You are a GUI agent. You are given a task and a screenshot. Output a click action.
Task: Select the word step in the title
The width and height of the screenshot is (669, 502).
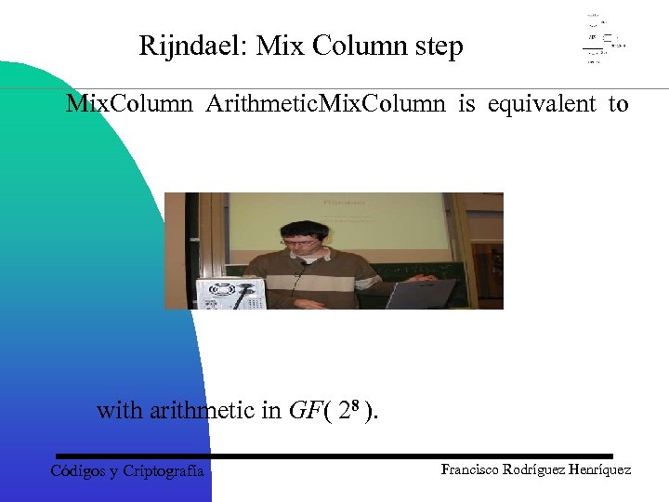click(x=439, y=46)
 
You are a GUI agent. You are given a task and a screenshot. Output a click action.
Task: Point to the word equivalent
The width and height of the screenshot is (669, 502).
click(x=542, y=103)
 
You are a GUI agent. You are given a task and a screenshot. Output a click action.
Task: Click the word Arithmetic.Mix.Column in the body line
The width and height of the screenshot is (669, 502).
click(x=324, y=103)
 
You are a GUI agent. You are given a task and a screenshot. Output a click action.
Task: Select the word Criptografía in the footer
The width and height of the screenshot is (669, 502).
click(x=164, y=470)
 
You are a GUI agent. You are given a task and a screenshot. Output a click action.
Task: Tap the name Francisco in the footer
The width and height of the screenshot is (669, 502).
click(x=475, y=469)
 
